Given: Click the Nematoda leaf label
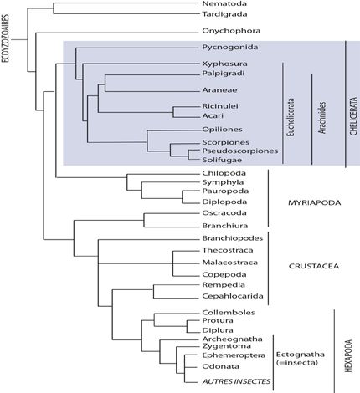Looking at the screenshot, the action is pyautogui.click(x=224, y=3).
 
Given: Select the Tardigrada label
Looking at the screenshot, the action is pyautogui.click(x=224, y=14).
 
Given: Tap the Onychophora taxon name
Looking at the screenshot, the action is pyautogui.click(x=231, y=31).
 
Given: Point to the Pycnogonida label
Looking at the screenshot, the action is pyautogui.click(x=230, y=48).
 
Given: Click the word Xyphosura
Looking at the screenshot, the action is pyautogui.click(x=224, y=64).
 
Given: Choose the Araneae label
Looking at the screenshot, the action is pyautogui.click(x=219, y=90).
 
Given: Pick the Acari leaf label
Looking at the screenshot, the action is pyautogui.click(x=213, y=115).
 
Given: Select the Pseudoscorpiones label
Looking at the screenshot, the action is pyautogui.click(x=240, y=151).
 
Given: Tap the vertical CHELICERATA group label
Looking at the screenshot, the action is pyautogui.click(x=353, y=116).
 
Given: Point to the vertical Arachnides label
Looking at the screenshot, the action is pyautogui.click(x=322, y=117).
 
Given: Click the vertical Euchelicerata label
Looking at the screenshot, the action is pyautogui.click(x=291, y=117).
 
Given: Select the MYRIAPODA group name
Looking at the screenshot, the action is pyautogui.click(x=314, y=202).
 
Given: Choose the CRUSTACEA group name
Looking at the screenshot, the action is pyautogui.click(x=314, y=266).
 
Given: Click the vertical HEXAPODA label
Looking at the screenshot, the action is pyautogui.click(x=349, y=355).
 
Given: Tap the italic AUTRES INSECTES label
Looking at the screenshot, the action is pyautogui.click(x=236, y=381).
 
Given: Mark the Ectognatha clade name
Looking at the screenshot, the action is pyautogui.click(x=301, y=355).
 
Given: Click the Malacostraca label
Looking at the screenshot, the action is pyautogui.click(x=230, y=263).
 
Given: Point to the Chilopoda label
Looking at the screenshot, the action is pyautogui.click(x=224, y=173).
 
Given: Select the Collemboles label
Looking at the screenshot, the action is pyautogui.click(x=229, y=313).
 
